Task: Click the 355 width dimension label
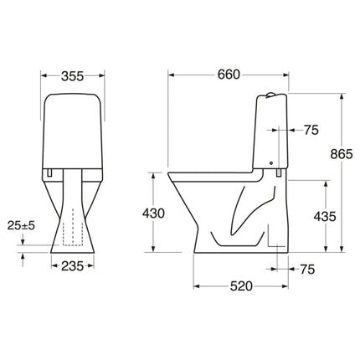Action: [72, 76]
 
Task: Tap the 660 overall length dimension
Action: [229, 75]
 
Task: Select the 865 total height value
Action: [342, 154]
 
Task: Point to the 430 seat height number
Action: [153, 213]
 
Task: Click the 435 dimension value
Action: [325, 216]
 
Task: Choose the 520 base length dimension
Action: [241, 286]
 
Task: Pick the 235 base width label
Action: [72, 266]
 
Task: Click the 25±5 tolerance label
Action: [21, 225]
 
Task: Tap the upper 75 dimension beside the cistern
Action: [311, 130]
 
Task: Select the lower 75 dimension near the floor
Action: [307, 270]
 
